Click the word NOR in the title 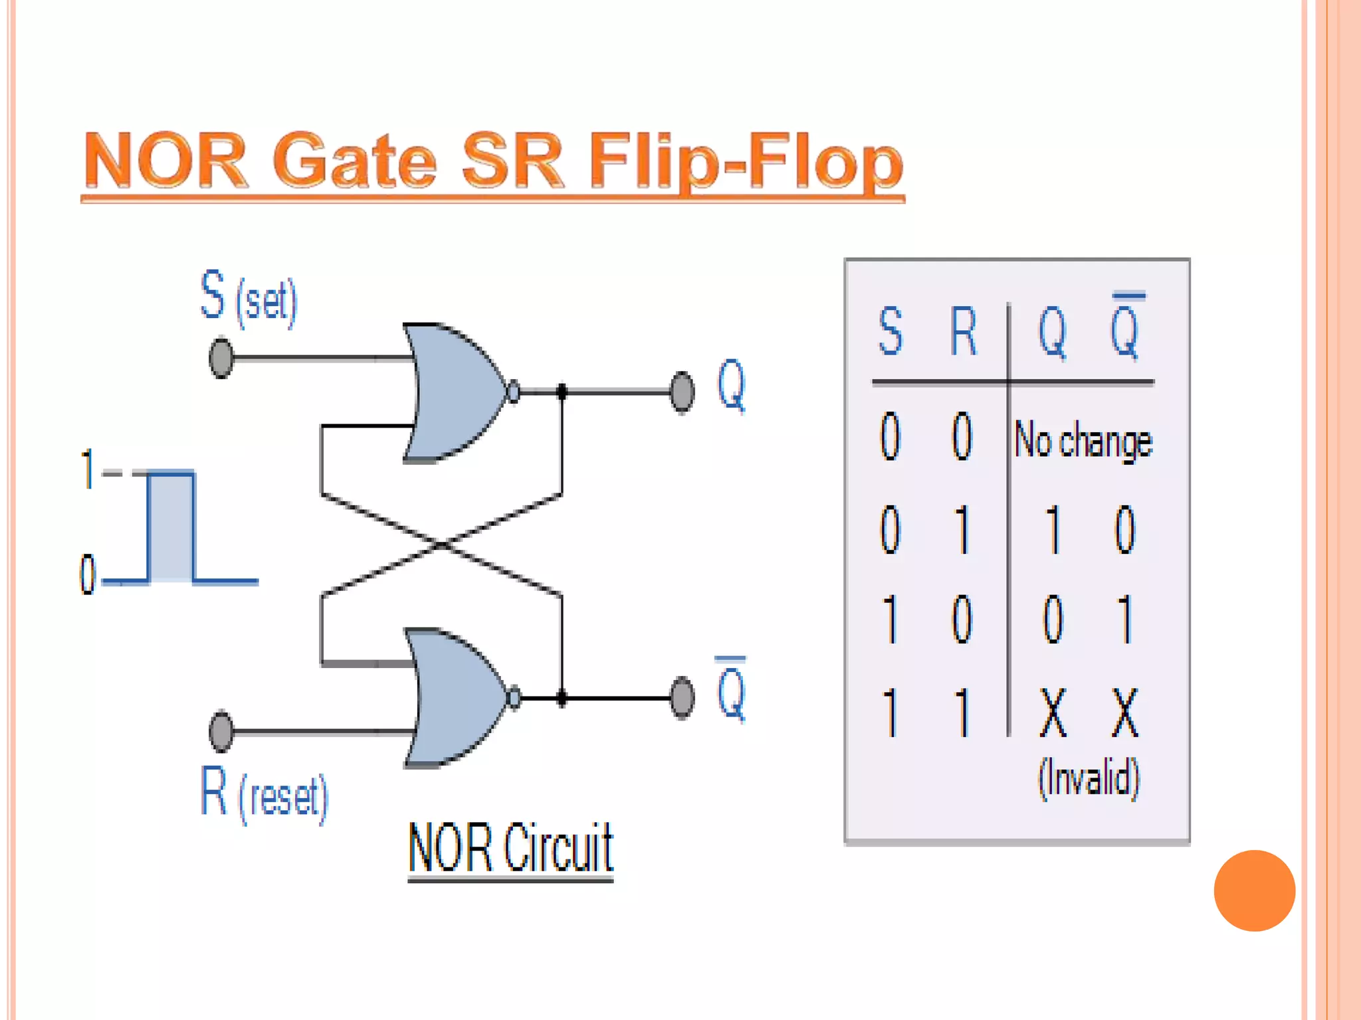tap(166, 161)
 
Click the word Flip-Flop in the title tap(746, 161)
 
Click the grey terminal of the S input tap(221, 358)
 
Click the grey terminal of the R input tap(221, 731)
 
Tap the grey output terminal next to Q tap(682, 392)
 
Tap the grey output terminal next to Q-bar tap(682, 698)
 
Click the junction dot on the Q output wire tap(562, 392)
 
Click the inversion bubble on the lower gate tap(514, 698)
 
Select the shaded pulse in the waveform tap(171, 527)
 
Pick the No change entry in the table tap(1083, 440)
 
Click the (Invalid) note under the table tap(1089, 776)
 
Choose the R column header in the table tap(963, 330)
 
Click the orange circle tap(1254, 891)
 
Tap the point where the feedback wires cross tap(442, 545)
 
